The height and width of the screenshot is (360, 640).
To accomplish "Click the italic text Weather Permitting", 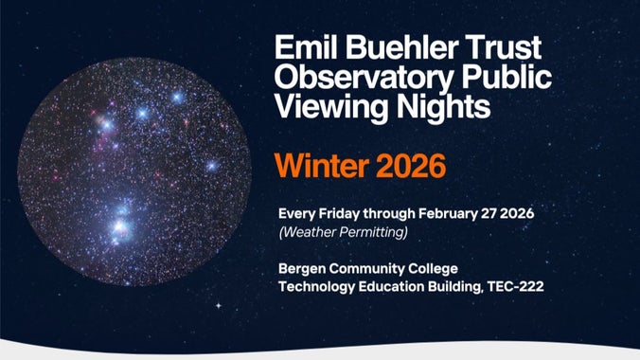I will (339, 230).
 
